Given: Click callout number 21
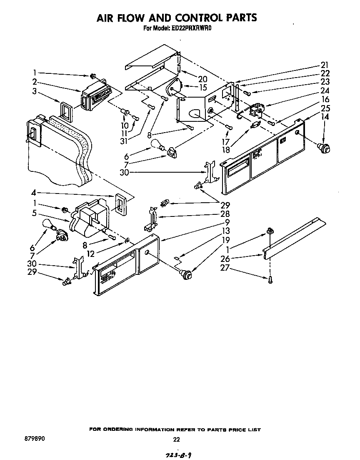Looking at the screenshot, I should coord(325,65).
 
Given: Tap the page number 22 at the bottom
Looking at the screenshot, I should coord(176,439).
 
